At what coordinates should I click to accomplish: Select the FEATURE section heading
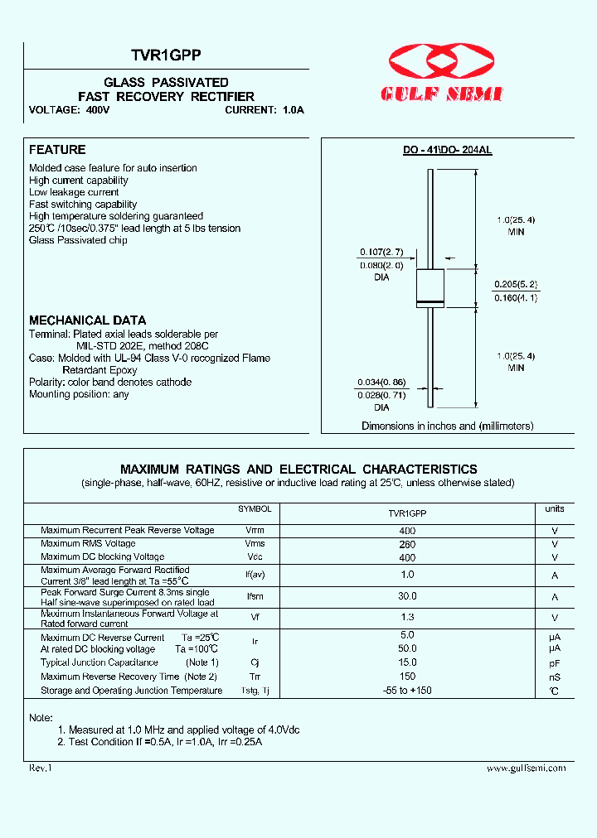(x=57, y=150)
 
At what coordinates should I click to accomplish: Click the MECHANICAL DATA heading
(x=88, y=320)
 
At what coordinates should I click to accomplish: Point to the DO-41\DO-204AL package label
(x=448, y=151)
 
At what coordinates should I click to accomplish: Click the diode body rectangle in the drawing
(x=430, y=287)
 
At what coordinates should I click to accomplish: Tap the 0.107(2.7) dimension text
(x=381, y=252)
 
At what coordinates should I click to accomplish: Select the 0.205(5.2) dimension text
(x=515, y=283)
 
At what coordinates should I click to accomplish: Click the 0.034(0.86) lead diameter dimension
(x=381, y=382)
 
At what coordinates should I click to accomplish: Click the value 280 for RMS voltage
(x=407, y=544)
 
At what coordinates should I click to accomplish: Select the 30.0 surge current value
(x=407, y=596)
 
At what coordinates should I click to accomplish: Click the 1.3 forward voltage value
(x=407, y=618)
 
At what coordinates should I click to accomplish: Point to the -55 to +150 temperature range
(x=407, y=691)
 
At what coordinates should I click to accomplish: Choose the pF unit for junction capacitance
(x=555, y=663)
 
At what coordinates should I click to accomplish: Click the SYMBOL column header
(x=255, y=509)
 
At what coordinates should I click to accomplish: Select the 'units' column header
(x=555, y=509)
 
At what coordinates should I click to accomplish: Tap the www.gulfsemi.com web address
(x=527, y=768)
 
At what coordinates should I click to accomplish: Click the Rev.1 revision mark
(x=41, y=768)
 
